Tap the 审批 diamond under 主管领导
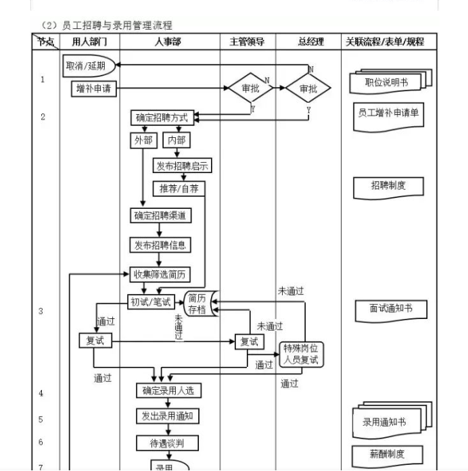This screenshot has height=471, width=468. pyautogui.click(x=249, y=89)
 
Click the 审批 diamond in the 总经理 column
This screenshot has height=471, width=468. pyautogui.click(x=308, y=89)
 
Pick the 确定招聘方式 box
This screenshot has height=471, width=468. pyautogui.click(x=162, y=118)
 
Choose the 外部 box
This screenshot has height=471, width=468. pyautogui.click(x=143, y=141)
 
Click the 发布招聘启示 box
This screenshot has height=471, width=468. pyautogui.click(x=182, y=166)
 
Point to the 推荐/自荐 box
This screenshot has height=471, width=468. pyautogui.click(x=179, y=189)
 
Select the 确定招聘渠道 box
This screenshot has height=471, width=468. pyautogui.click(x=160, y=216)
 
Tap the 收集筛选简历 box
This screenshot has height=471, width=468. pyautogui.click(x=160, y=274)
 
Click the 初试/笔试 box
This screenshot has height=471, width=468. pyautogui.click(x=151, y=301)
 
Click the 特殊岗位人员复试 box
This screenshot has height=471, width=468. pyautogui.click(x=301, y=354)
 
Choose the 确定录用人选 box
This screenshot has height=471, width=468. pyautogui.click(x=168, y=390)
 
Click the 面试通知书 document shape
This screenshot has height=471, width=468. pyautogui.click(x=390, y=309)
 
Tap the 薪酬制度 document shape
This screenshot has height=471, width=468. pyautogui.click(x=388, y=454)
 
